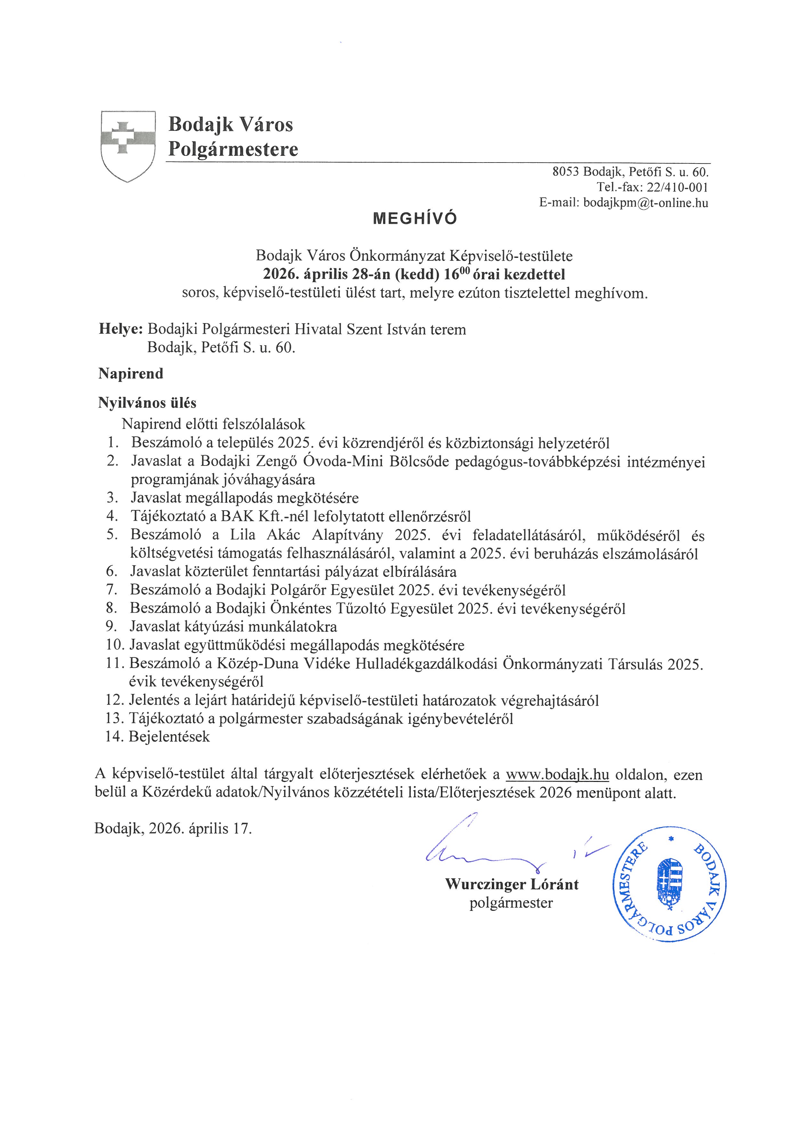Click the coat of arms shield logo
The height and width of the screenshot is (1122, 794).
click(128, 146)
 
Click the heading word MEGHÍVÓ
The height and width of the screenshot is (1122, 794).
click(415, 219)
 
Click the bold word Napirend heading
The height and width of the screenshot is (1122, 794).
click(131, 374)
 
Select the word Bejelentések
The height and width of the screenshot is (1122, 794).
click(169, 736)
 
